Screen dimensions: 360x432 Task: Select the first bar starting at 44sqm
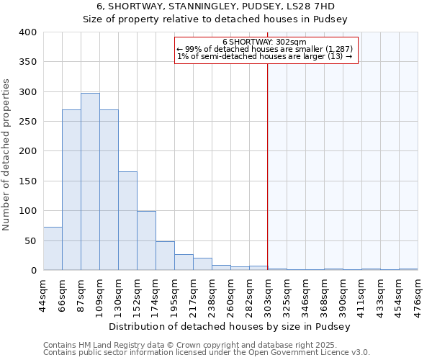(53, 248)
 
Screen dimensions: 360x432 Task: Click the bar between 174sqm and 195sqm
(165, 256)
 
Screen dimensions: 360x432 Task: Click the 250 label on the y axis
(28, 122)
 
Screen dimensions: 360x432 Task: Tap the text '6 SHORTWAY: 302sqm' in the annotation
(265, 42)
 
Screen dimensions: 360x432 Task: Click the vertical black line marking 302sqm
(268, 166)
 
